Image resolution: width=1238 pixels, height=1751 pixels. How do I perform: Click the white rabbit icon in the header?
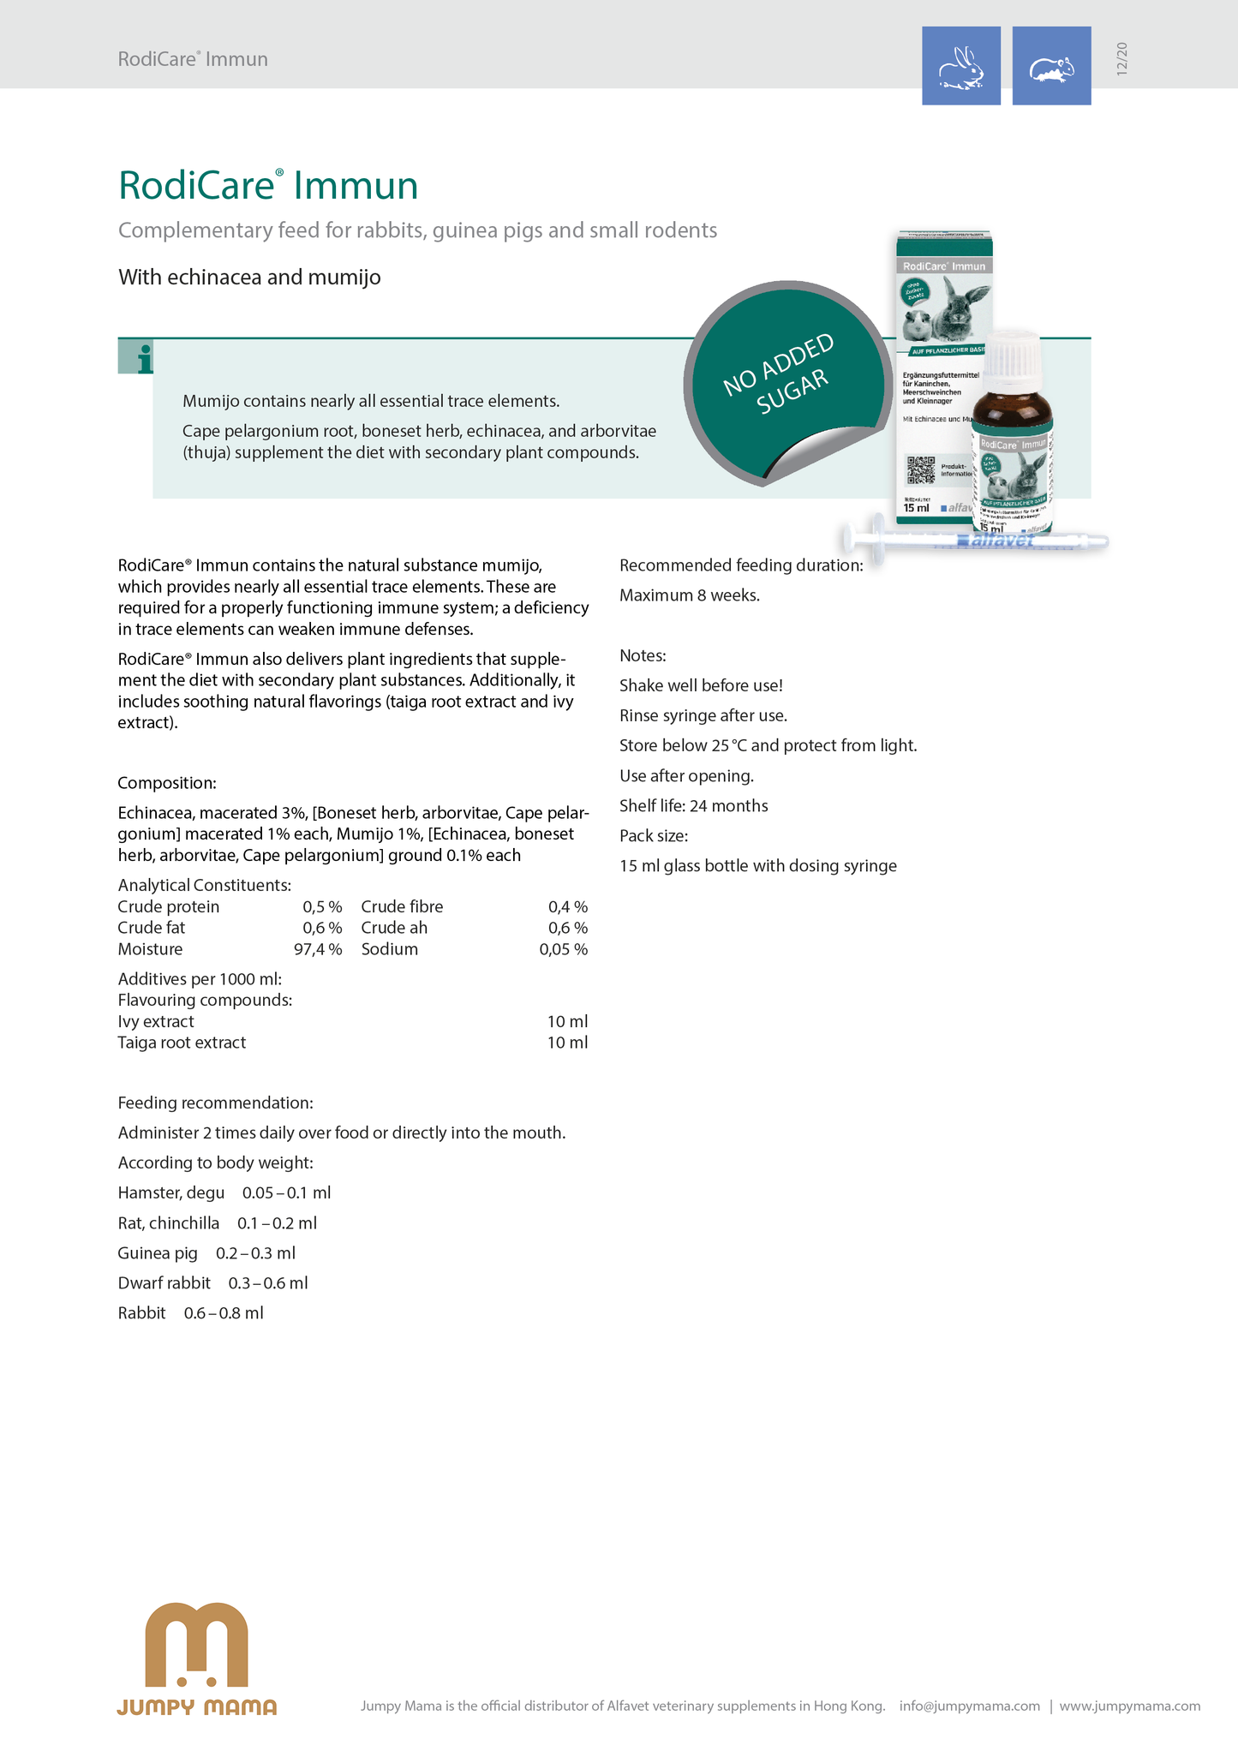(961, 66)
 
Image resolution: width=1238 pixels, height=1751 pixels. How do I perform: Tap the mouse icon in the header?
(1051, 67)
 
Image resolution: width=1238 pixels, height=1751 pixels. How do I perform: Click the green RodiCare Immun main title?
(268, 186)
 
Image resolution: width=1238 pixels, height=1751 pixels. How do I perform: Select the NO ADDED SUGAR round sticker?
(783, 381)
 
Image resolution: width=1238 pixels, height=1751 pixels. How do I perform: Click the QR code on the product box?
(921, 470)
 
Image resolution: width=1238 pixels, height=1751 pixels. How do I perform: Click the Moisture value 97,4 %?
(318, 949)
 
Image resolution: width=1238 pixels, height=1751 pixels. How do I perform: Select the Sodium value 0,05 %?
(563, 949)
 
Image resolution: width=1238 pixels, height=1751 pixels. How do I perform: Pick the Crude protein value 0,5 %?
(322, 906)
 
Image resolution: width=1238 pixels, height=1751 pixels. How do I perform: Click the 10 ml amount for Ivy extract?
(567, 1021)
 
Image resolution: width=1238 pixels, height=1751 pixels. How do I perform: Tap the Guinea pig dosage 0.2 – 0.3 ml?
(255, 1253)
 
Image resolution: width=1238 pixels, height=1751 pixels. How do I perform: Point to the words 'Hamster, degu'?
(171, 1192)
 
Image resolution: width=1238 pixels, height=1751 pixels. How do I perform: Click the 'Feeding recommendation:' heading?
(216, 1103)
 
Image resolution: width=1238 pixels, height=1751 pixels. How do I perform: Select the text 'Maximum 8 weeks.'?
(690, 595)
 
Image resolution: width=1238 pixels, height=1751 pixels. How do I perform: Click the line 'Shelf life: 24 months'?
(694, 805)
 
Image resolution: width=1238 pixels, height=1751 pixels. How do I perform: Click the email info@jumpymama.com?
(969, 1706)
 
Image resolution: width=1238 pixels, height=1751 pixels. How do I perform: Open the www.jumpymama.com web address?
(1129, 1706)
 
